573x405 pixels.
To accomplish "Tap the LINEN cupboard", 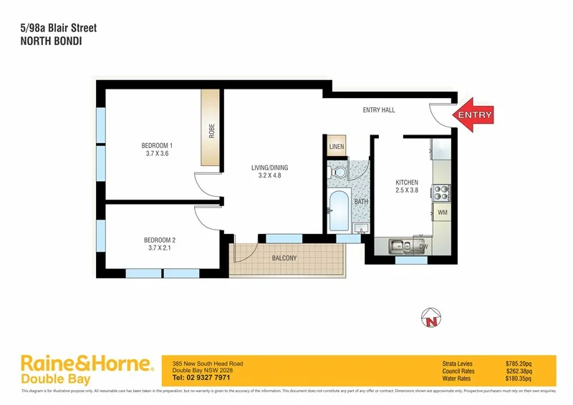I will point(337,147).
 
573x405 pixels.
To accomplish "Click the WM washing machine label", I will point(442,213).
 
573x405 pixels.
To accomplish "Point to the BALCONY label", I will point(284,258).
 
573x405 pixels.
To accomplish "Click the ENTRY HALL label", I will point(379,109).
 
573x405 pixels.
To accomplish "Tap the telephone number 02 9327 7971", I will point(201,377).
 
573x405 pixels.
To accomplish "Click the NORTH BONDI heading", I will point(49,42).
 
